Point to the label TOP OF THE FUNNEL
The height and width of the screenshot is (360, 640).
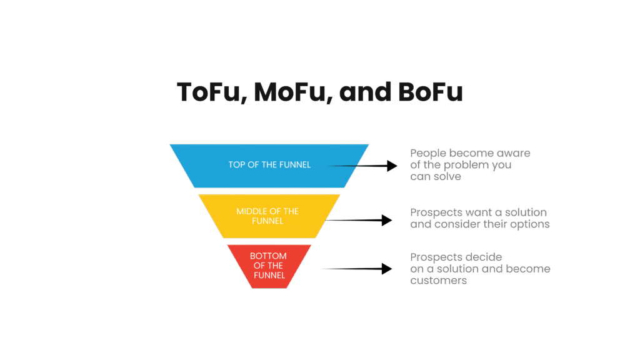(x=269, y=165)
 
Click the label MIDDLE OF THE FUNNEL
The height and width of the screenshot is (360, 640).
(x=267, y=216)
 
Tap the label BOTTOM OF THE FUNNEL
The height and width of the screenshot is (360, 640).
(x=268, y=266)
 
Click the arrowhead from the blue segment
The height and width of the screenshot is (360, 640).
(x=392, y=166)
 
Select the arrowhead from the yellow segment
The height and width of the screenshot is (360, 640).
(x=386, y=220)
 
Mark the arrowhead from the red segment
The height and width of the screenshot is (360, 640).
(x=387, y=269)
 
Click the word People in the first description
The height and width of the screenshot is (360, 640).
(x=428, y=153)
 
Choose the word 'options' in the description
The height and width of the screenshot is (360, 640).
(x=531, y=224)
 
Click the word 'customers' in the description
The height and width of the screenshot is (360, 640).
(x=438, y=281)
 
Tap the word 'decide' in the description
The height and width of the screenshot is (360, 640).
(x=484, y=257)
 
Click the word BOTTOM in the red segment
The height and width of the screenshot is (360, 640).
(x=268, y=256)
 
